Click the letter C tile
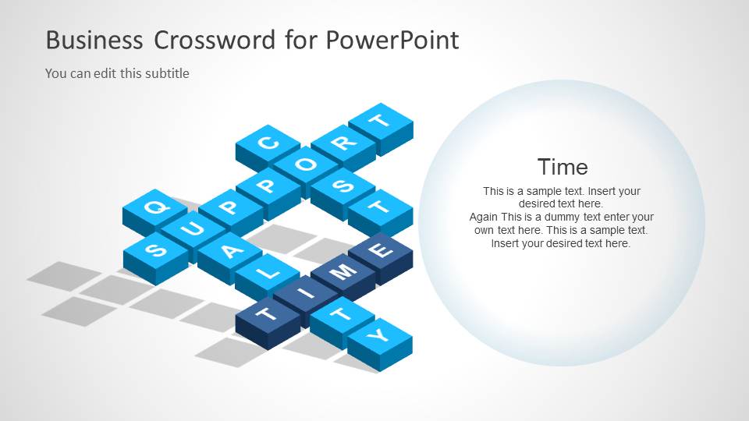tap(268, 143)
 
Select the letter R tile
tap(343, 143)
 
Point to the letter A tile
tap(229, 251)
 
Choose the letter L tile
tap(268, 273)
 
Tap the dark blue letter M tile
tap(343, 272)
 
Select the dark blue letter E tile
tap(381, 251)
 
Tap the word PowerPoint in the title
tap(392, 40)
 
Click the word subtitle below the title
tap(166, 73)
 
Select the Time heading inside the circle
tap(563, 167)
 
